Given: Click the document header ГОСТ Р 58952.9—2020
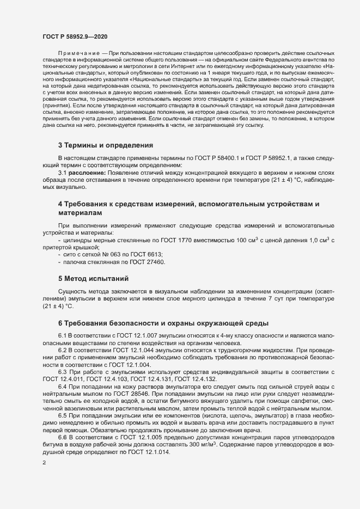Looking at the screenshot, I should (75, 36).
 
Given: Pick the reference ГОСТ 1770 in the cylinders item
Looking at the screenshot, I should (184, 240).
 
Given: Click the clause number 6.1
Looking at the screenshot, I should (63, 334).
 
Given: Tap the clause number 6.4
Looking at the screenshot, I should (63, 386).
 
